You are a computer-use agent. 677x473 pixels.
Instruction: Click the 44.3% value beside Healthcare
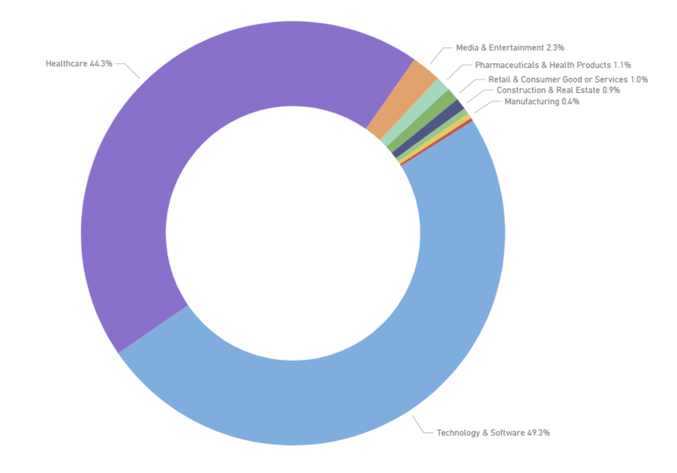[x=101, y=64]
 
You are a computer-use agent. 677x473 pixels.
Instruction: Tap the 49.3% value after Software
[x=538, y=433]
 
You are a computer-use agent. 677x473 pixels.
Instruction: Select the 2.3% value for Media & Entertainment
[x=555, y=47]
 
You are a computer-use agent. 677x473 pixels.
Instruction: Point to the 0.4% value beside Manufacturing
[x=571, y=102]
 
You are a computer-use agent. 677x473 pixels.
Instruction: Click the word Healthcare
[x=66, y=64]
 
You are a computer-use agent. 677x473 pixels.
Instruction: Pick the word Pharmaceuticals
[x=507, y=65]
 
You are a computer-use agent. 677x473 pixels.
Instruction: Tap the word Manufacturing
[x=532, y=102]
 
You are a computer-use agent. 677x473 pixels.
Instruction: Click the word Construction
[x=521, y=90]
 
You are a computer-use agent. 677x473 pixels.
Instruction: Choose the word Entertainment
[x=516, y=47]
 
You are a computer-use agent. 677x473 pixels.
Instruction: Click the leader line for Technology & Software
[x=419, y=426]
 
